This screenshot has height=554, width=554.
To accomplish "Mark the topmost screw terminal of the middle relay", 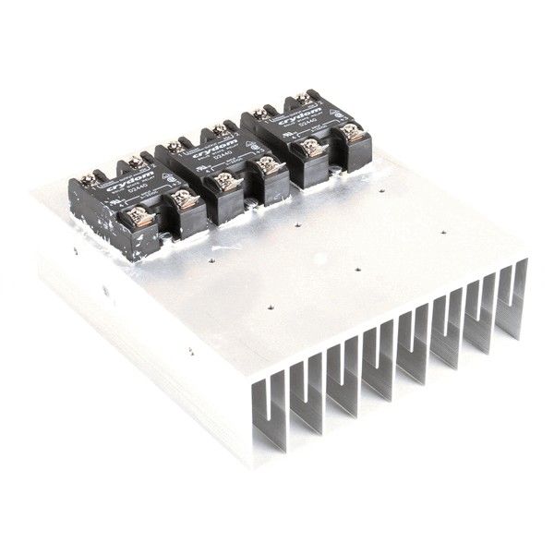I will [x=219, y=129].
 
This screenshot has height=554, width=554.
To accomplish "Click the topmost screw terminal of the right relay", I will [x=302, y=98].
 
